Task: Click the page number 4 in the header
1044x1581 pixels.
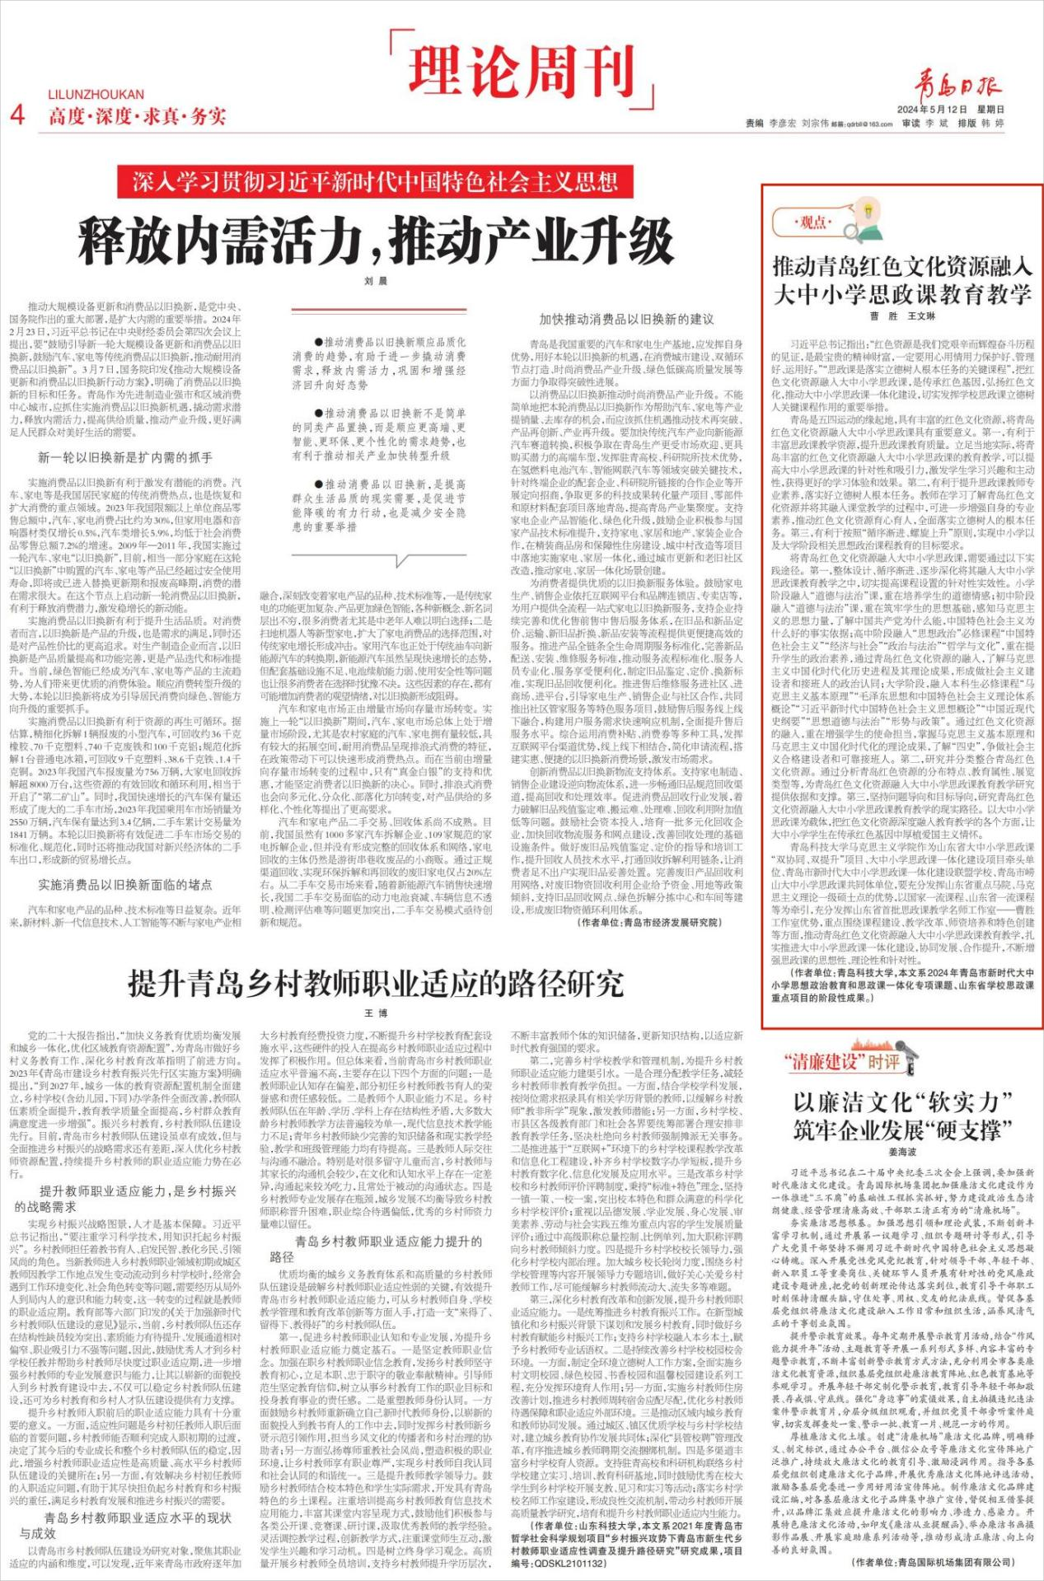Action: pos(17,114)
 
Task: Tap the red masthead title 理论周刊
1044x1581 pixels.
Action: pos(522,72)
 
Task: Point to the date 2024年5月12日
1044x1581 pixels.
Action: pos(932,109)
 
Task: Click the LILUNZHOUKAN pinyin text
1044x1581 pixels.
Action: pos(96,95)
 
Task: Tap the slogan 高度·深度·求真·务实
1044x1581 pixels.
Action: pos(137,116)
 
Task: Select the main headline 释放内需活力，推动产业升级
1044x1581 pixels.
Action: pos(376,240)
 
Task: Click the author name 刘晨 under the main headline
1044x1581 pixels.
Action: pos(376,281)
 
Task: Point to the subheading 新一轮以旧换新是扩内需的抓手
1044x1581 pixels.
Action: pos(125,457)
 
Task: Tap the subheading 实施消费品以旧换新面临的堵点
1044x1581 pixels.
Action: pos(125,885)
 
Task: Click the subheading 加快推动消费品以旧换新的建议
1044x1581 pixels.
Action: pos(626,319)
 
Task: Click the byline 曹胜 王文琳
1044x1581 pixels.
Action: pos(902,316)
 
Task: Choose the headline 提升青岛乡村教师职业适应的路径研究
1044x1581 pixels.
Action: pos(376,984)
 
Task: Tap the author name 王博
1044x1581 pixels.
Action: pos(376,1013)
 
